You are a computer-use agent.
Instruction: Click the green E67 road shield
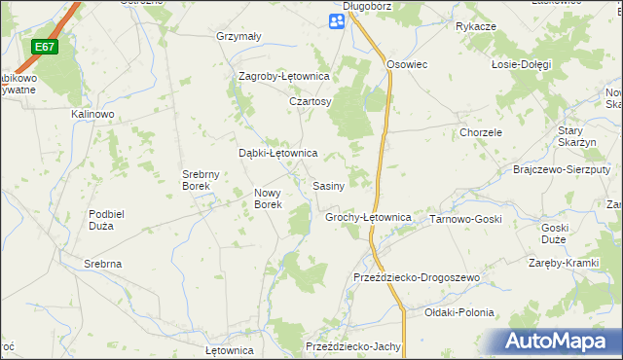(44, 47)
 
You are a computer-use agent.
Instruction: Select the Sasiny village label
(328, 186)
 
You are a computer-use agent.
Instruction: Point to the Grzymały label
(238, 37)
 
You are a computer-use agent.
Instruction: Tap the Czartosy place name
(311, 101)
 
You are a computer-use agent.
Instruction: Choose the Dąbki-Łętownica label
(278, 153)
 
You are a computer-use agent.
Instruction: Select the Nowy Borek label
(268, 198)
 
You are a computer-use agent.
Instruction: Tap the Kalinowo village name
(93, 114)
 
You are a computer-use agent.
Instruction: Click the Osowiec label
(408, 64)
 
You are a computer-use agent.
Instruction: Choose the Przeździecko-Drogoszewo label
(418, 278)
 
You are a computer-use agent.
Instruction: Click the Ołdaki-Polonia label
(459, 313)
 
